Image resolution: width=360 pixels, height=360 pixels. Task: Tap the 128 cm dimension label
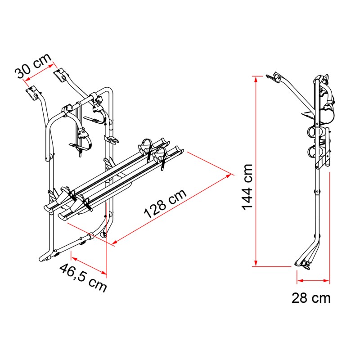pos(165,204)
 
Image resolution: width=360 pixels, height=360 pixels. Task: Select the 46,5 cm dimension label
pos(83,278)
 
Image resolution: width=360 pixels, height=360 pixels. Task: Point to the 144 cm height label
pos(247,187)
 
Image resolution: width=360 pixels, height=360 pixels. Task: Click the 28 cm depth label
pos(311,298)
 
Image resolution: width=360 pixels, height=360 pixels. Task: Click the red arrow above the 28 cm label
pos(313,280)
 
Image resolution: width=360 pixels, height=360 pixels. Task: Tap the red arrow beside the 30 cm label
pos(39,72)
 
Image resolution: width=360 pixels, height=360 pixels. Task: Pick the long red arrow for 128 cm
pos(172,208)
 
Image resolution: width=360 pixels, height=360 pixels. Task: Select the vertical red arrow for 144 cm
pos(256,171)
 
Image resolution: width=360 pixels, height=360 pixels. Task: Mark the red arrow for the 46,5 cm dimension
pos(89,265)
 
